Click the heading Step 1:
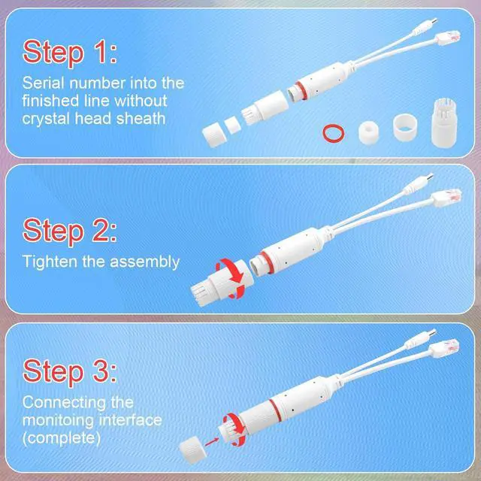tap(70, 52)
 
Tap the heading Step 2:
tap(70, 231)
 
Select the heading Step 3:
tap(70, 371)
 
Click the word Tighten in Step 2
tap(50, 262)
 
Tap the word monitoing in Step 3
tap(58, 420)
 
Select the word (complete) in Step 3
tap(62, 438)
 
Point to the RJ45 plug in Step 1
tap(448, 38)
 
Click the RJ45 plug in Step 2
tap(446, 197)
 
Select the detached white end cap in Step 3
tap(192, 451)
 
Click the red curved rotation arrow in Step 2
tap(236, 274)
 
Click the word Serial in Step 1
tap(44, 83)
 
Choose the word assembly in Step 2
tap(145, 263)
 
